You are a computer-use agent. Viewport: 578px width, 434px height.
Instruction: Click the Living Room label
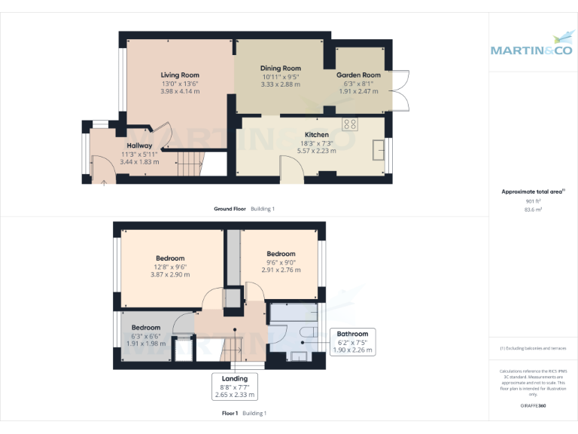pyautogui.click(x=180, y=75)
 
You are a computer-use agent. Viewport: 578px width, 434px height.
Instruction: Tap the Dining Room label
pyautogui.click(x=280, y=69)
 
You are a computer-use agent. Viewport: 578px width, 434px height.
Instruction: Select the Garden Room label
pyautogui.click(x=358, y=75)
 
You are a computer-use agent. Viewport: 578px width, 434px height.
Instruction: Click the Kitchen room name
pyautogui.click(x=316, y=134)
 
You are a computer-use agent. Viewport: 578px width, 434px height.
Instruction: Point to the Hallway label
pyautogui.click(x=139, y=145)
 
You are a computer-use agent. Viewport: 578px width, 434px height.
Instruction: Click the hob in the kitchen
pyautogui.click(x=350, y=124)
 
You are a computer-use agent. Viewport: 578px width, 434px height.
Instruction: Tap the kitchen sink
pyautogui.click(x=379, y=148)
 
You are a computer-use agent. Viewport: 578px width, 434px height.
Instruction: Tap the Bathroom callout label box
pyautogui.click(x=352, y=342)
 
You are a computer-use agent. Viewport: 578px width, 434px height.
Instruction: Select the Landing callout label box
pyautogui.click(x=234, y=386)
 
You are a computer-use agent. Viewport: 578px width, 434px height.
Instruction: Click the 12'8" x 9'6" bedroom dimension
pyautogui.click(x=169, y=267)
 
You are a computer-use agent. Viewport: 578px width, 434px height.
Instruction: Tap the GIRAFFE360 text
pyautogui.click(x=533, y=405)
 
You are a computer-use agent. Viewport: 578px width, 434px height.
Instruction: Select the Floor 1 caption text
pyautogui.click(x=230, y=413)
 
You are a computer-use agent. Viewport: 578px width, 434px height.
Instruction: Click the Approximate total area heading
pyautogui.click(x=531, y=192)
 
